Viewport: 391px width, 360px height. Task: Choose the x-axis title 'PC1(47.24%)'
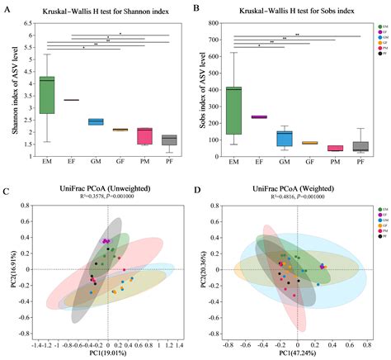click(290, 354)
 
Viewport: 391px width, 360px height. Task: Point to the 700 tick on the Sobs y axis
click(214, 38)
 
